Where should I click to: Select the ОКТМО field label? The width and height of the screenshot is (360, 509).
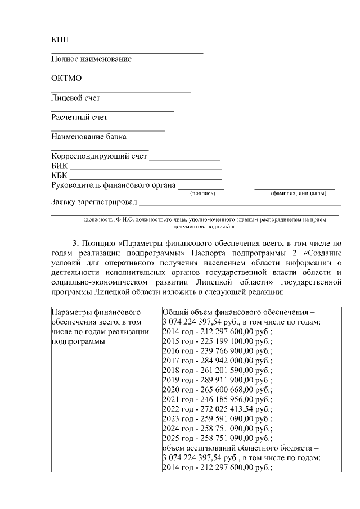tap(66, 78)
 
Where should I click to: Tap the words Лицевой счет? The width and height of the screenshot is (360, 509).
tap(75, 98)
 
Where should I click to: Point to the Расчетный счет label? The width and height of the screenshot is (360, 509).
tap(79, 118)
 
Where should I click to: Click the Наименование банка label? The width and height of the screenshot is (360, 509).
tap(88, 137)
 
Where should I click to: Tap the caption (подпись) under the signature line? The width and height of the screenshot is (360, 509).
tap(203, 193)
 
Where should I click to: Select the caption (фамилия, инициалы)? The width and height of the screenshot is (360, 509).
tap(298, 193)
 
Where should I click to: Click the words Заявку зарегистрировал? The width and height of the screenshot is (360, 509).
tap(94, 202)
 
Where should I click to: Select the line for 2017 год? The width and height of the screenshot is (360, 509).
tap(217, 360)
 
